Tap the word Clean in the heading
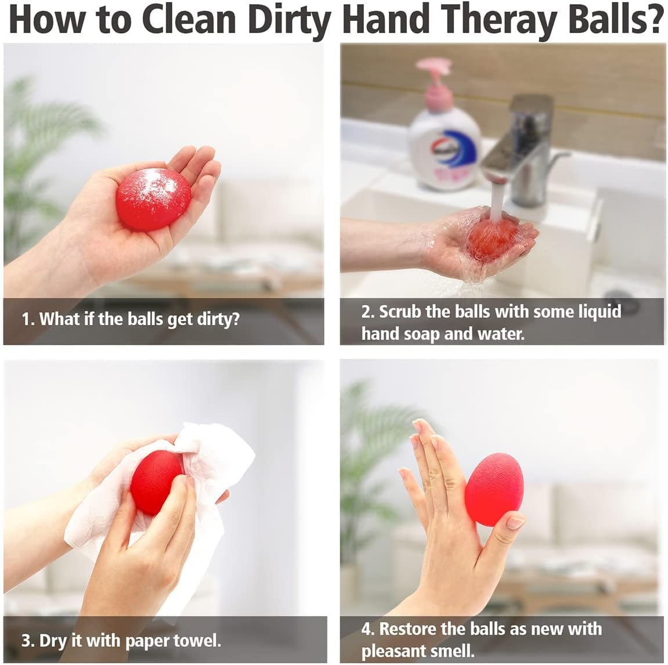(x=189, y=20)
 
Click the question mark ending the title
(x=653, y=20)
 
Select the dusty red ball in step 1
(x=154, y=199)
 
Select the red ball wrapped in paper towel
(x=156, y=482)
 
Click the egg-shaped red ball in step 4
(x=494, y=490)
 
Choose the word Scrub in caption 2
(x=400, y=312)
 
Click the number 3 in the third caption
(x=26, y=641)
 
